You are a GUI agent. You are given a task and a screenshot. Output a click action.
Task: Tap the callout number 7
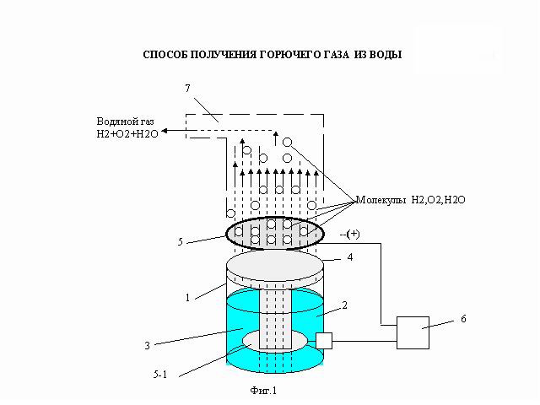(187, 89)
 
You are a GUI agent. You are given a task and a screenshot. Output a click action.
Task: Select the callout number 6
(463, 319)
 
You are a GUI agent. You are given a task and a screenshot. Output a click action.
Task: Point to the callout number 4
(350, 257)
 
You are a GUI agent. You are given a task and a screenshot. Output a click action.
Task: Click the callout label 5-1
(160, 375)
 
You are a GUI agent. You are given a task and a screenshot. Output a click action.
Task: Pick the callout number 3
(148, 345)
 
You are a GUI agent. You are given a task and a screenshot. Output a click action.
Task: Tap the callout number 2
(344, 305)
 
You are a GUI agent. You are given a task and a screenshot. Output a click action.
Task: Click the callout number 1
(187, 298)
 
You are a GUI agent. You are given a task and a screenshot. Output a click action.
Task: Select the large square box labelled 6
(413, 332)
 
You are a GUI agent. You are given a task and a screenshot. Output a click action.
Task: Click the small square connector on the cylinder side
(324, 341)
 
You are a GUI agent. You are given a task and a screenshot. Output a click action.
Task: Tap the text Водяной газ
(126, 121)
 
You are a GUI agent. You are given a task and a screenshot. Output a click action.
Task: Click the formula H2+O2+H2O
(127, 133)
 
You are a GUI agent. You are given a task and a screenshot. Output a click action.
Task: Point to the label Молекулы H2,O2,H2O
(411, 200)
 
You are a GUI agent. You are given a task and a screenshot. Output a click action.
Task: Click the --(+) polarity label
(349, 235)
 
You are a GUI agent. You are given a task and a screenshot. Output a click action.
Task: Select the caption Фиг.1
(263, 391)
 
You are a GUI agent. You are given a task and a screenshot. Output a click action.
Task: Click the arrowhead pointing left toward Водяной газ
(165, 131)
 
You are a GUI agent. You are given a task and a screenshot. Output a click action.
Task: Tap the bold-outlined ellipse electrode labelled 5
(226, 233)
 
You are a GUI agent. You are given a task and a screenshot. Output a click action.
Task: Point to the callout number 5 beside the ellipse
(180, 242)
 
